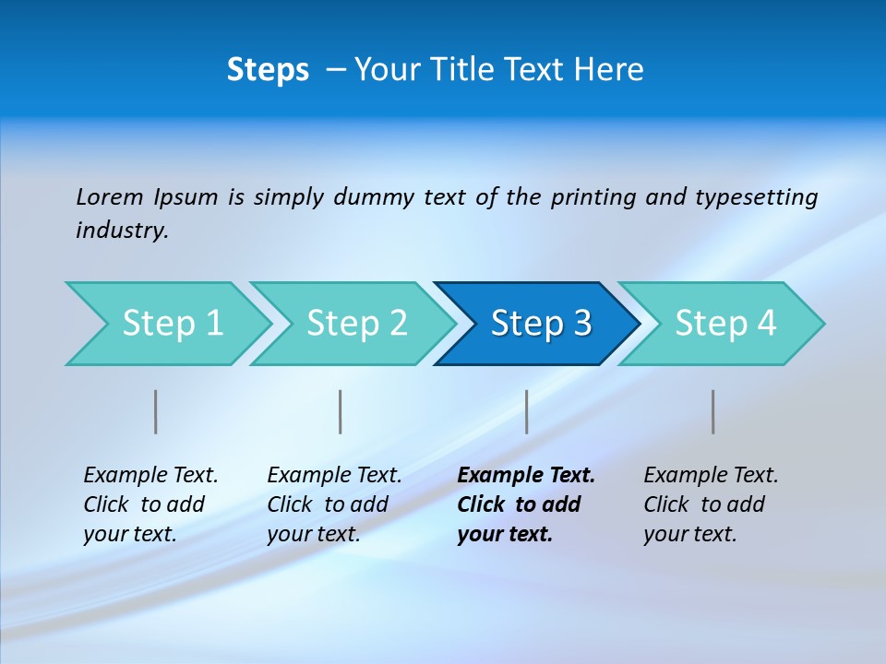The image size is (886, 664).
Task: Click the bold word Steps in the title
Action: pos(268,70)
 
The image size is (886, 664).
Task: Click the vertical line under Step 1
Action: pos(156,411)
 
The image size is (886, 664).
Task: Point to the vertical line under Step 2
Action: pos(341,411)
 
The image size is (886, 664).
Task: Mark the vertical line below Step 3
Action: pos(527,411)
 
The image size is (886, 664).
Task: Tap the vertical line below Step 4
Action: pos(713,411)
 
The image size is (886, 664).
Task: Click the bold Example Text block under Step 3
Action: pos(526,504)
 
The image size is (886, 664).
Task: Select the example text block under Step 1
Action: pos(150,504)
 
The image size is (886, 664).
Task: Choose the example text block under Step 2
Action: pos(334,504)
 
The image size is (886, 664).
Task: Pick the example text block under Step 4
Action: pos(711,504)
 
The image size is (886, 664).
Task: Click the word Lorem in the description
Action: pos(110,196)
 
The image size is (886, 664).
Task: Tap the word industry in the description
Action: pos(122,230)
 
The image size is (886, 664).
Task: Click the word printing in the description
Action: pos(593,197)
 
